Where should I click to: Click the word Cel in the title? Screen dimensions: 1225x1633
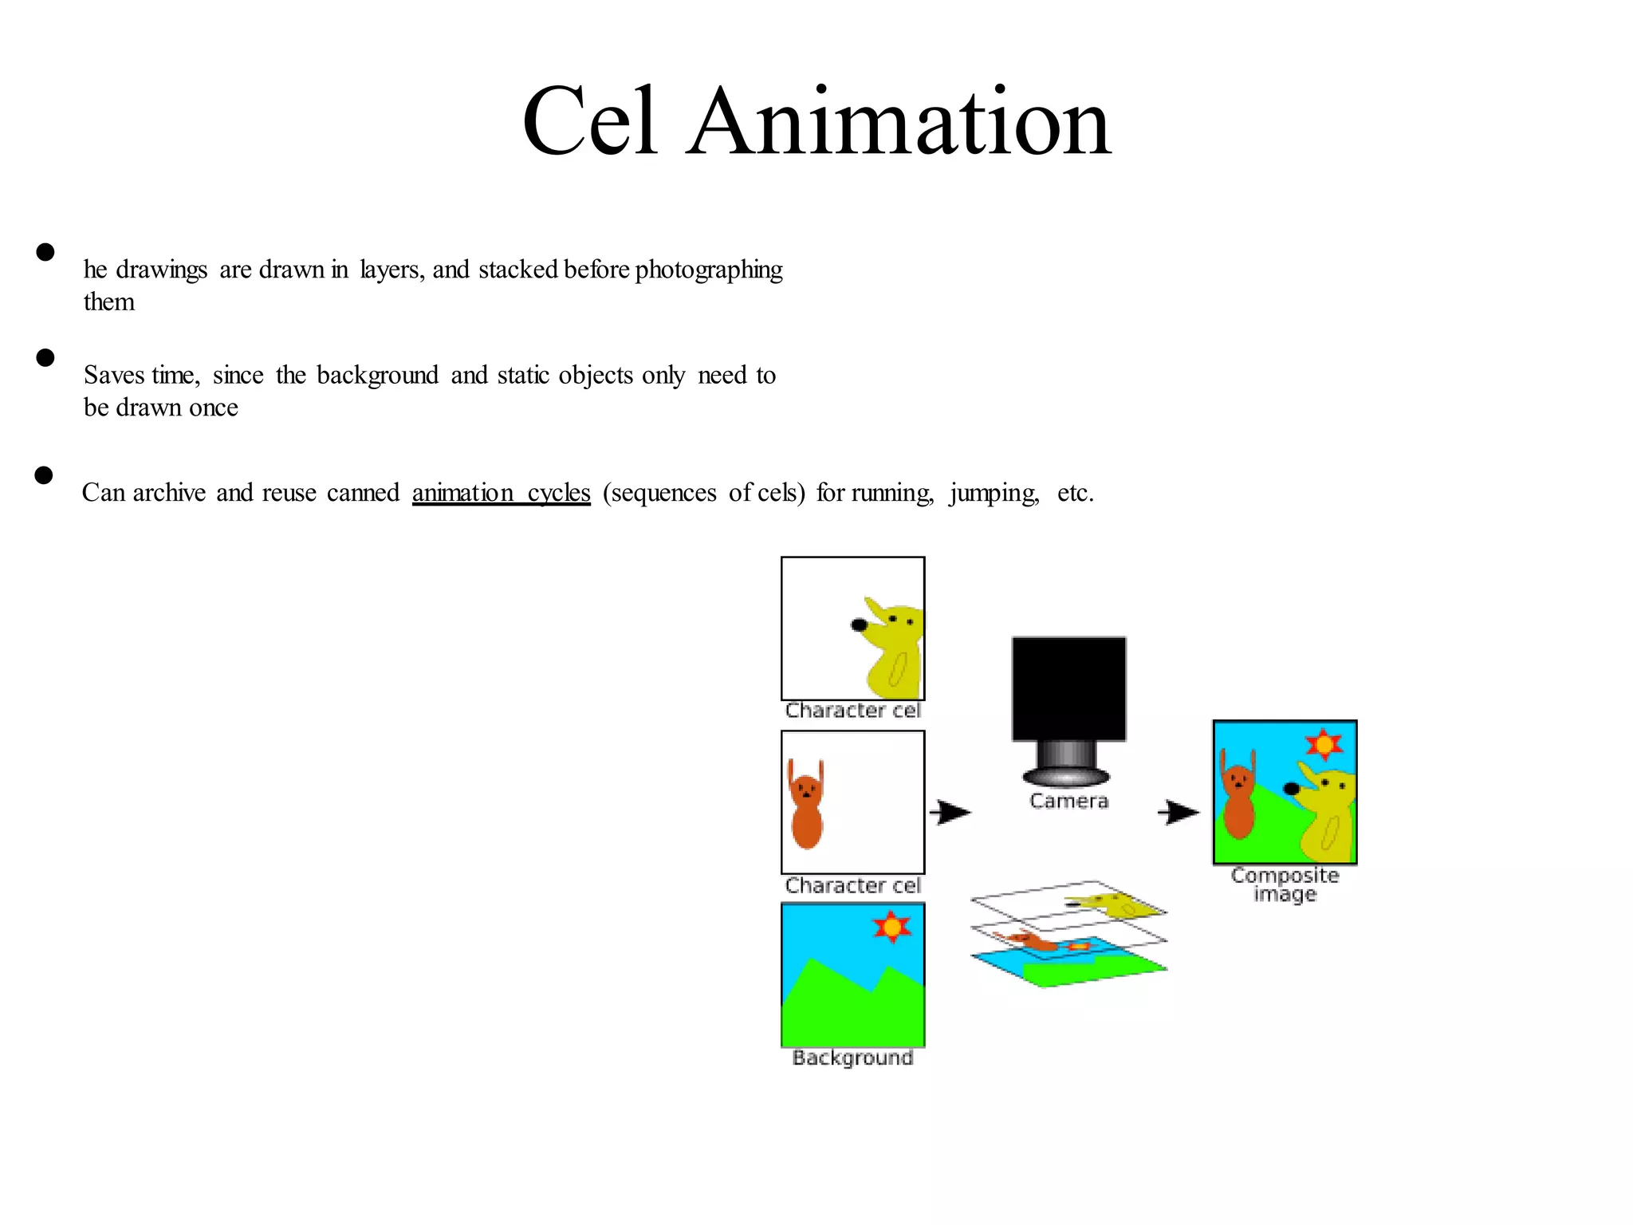pos(590,122)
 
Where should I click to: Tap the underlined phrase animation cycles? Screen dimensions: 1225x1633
pos(501,493)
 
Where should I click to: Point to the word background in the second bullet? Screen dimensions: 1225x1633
pos(377,376)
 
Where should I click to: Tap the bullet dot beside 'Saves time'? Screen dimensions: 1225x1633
pos(45,358)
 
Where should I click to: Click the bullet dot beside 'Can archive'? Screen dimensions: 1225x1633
pos(44,475)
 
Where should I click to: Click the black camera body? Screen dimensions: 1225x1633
pos(1068,688)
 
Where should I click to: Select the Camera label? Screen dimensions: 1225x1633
pos(1068,801)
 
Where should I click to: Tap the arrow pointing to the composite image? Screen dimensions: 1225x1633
pos(1179,813)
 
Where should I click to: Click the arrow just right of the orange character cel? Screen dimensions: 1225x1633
pos(950,813)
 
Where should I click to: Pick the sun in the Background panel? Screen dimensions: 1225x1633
pos(891,928)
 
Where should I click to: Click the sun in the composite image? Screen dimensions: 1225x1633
pos(1324,745)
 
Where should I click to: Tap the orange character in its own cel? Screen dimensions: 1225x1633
pos(806,806)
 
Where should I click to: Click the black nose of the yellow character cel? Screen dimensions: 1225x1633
pos(859,625)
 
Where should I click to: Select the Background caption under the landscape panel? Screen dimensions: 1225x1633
pos(852,1058)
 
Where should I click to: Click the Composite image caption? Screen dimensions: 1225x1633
pos(1285,884)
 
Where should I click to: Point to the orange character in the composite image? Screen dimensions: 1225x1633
pos(1238,798)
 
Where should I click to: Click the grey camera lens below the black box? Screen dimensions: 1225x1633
pos(1066,764)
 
